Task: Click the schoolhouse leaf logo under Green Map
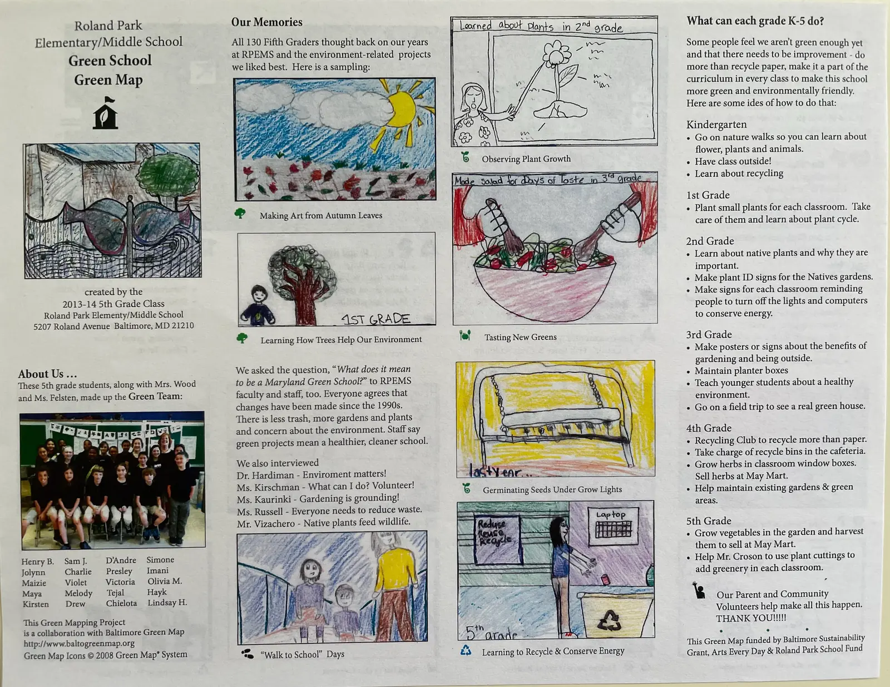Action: pos(105,113)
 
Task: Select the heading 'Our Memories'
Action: pos(266,22)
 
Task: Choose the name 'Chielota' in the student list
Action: pos(121,603)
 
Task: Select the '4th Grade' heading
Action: pos(709,428)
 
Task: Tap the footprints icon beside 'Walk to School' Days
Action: pos(248,654)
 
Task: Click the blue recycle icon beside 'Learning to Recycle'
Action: pos(466,650)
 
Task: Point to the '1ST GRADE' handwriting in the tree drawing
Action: pos(376,319)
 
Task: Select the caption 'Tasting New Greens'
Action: pos(520,337)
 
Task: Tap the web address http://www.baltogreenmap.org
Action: pos(79,643)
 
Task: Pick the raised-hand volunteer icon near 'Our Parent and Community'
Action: pos(698,590)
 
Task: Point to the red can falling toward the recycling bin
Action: pos(604,579)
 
